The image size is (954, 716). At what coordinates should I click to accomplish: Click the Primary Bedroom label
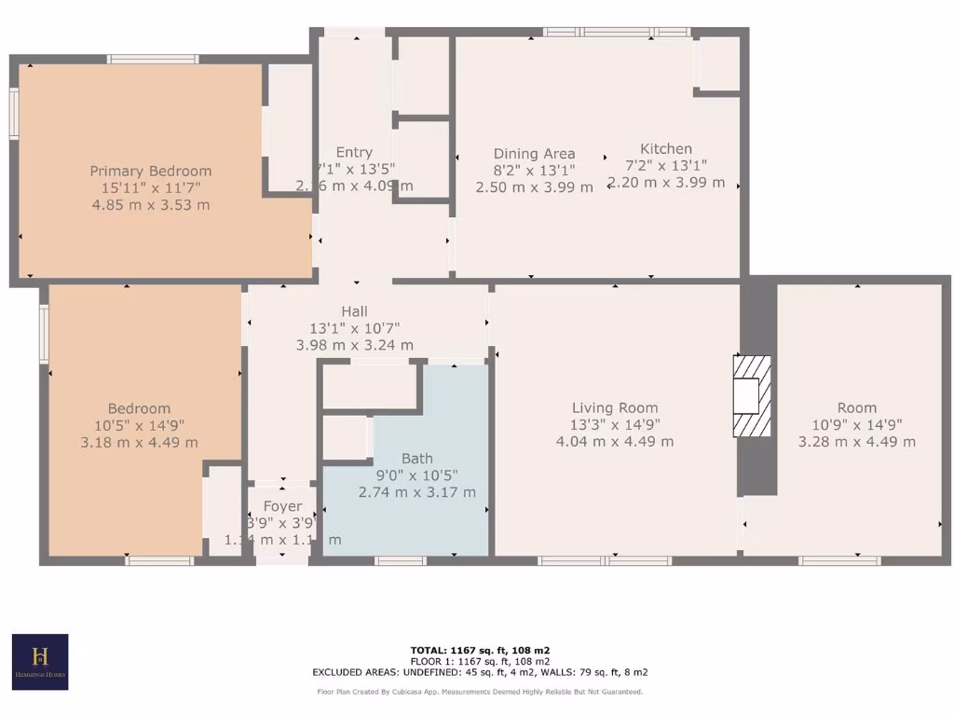click(150, 171)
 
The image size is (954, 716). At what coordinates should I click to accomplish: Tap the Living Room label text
click(614, 407)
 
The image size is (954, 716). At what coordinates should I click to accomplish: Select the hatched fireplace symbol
click(752, 396)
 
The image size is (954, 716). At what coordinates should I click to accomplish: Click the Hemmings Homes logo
click(39, 662)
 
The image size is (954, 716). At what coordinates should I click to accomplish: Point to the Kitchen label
click(665, 148)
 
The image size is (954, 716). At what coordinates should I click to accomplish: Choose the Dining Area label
click(534, 154)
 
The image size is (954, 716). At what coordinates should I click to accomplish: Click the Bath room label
click(416, 458)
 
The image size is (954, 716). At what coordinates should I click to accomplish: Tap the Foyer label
click(281, 506)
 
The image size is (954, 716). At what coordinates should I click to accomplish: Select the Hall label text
click(354, 311)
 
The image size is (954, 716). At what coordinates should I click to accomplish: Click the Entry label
click(354, 152)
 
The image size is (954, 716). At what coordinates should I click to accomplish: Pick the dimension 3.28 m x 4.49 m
click(856, 441)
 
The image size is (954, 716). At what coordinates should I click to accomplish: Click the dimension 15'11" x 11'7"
click(150, 187)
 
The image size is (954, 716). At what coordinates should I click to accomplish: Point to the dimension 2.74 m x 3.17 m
click(416, 491)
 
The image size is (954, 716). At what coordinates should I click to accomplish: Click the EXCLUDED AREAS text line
click(480, 672)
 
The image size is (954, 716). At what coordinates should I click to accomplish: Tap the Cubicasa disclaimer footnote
click(480, 692)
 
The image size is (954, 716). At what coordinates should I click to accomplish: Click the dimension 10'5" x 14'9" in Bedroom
click(139, 425)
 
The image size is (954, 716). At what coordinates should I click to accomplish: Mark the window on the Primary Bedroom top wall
click(153, 60)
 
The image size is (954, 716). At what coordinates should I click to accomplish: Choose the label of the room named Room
click(856, 407)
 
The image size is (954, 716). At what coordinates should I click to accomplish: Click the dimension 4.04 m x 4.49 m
click(614, 441)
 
